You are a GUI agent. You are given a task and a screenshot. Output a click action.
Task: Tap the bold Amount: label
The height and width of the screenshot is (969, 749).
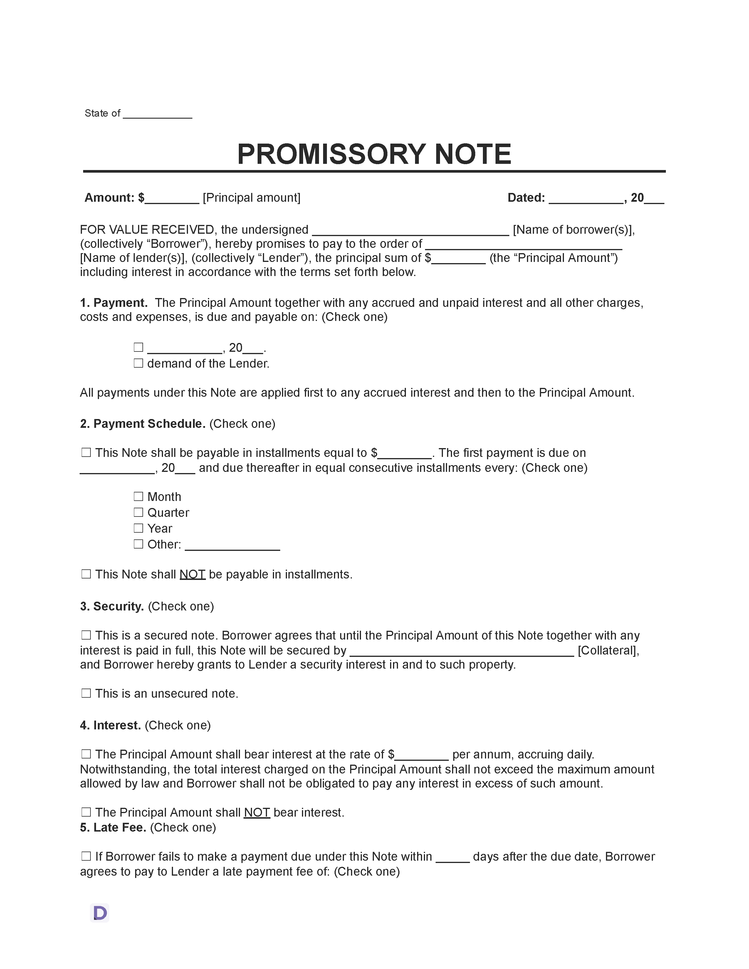(x=109, y=198)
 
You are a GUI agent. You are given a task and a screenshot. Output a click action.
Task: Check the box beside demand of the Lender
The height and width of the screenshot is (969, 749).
(x=138, y=364)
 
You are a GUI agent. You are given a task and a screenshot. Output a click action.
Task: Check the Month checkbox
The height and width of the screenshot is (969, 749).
(x=138, y=497)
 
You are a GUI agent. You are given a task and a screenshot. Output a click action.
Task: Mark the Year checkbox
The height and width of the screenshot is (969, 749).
(x=138, y=529)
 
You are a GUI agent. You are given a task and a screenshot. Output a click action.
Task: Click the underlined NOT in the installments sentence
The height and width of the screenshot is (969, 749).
(x=192, y=575)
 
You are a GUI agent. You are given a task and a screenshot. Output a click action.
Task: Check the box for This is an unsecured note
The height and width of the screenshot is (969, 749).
(x=86, y=694)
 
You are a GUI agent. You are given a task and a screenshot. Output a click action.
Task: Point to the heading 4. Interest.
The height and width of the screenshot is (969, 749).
(x=110, y=725)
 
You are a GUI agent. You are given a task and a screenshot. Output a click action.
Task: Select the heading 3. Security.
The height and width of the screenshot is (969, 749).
(x=112, y=607)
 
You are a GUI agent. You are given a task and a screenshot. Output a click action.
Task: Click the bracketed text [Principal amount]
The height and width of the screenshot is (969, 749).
(x=252, y=198)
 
